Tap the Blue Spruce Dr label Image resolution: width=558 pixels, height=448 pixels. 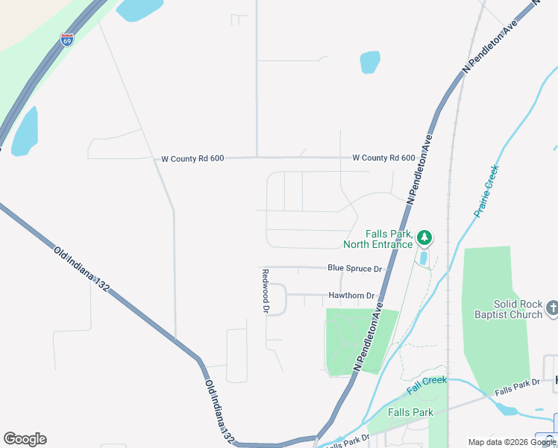354,268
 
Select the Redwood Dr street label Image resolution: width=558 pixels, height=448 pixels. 265,290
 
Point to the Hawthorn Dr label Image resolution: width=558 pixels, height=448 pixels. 351,296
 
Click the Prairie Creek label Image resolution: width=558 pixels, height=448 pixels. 486,191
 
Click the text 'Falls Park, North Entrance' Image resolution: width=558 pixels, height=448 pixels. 377,239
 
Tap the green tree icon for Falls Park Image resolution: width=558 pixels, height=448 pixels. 424,238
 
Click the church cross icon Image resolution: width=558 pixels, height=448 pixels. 552,308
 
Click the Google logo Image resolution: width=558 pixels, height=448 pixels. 25,439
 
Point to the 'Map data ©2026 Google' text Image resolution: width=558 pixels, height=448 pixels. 512,442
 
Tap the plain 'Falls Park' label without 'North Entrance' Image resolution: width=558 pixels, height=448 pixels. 410,412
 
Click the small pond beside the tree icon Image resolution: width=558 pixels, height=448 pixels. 424,258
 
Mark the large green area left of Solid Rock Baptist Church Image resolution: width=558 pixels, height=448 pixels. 489,314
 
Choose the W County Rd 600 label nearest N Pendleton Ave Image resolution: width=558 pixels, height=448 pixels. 383,158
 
